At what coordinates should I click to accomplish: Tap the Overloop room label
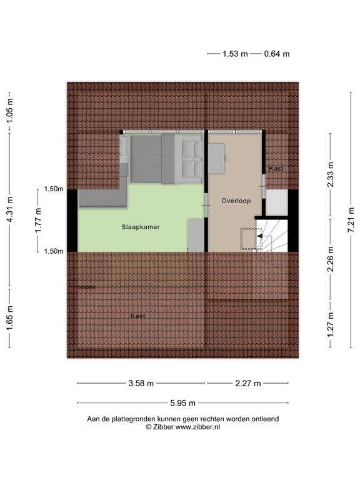tap(236, 201)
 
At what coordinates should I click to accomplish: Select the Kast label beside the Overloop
tap(276, 169)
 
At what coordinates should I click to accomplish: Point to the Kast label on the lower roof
tap(138, 316)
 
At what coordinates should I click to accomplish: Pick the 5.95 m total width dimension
tap(182, 402)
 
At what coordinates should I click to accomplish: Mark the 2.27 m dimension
tap(247, 383)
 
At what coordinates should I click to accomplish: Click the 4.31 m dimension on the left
tap(10, 221)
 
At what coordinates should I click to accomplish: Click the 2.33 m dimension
tap(331, 177)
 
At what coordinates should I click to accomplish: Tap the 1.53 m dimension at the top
tap(234, 54)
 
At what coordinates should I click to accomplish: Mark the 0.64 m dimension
tap(276, 54)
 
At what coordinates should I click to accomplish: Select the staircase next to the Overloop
tap(271, 234)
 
